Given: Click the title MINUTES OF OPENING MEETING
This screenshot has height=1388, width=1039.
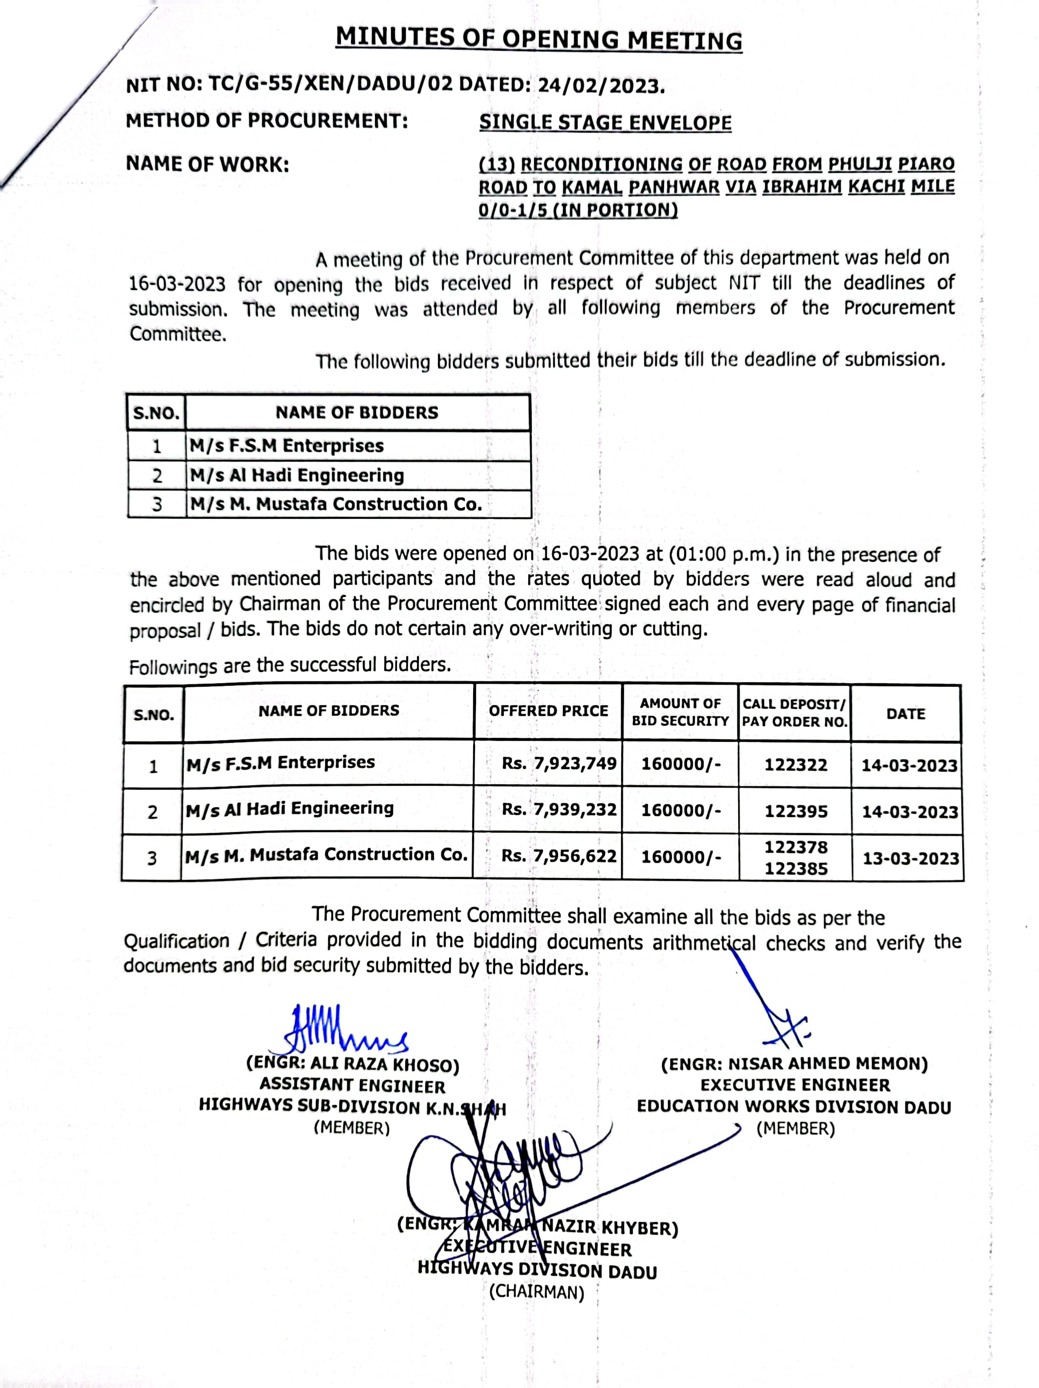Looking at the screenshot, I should pos(539,39).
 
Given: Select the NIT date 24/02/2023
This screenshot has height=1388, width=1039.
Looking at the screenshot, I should pos(600,85).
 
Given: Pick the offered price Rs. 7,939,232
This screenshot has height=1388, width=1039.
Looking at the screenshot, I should pos(559,810).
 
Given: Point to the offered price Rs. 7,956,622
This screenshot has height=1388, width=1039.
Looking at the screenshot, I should pos(559,856).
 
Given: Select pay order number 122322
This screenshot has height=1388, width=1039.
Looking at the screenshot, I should pos(795,764).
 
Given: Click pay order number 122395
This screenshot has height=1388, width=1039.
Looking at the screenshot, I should pos(795,811).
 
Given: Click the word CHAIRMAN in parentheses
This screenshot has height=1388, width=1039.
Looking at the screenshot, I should pos(536,1291).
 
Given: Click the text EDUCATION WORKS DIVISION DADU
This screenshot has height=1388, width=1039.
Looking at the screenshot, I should pos(793,1106).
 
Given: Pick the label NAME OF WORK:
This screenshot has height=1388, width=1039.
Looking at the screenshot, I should pos(207,164).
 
